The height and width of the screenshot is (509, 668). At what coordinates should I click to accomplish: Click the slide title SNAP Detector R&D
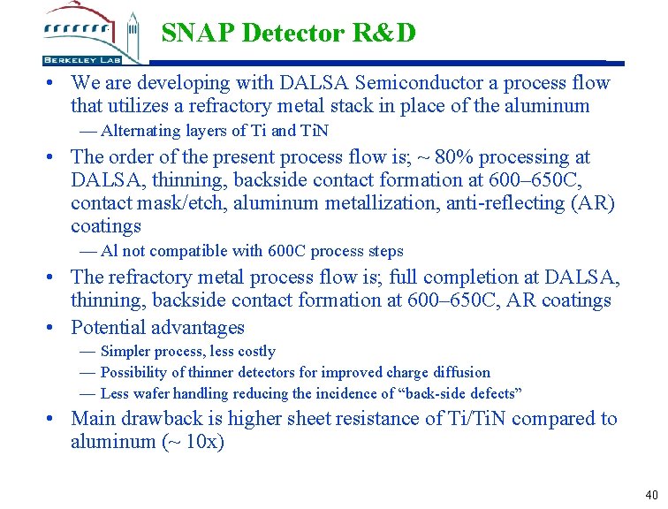[288, 34]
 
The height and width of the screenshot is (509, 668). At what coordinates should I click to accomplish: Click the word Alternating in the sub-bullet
[141, 131]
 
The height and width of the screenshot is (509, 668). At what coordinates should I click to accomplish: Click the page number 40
[652, 495]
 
